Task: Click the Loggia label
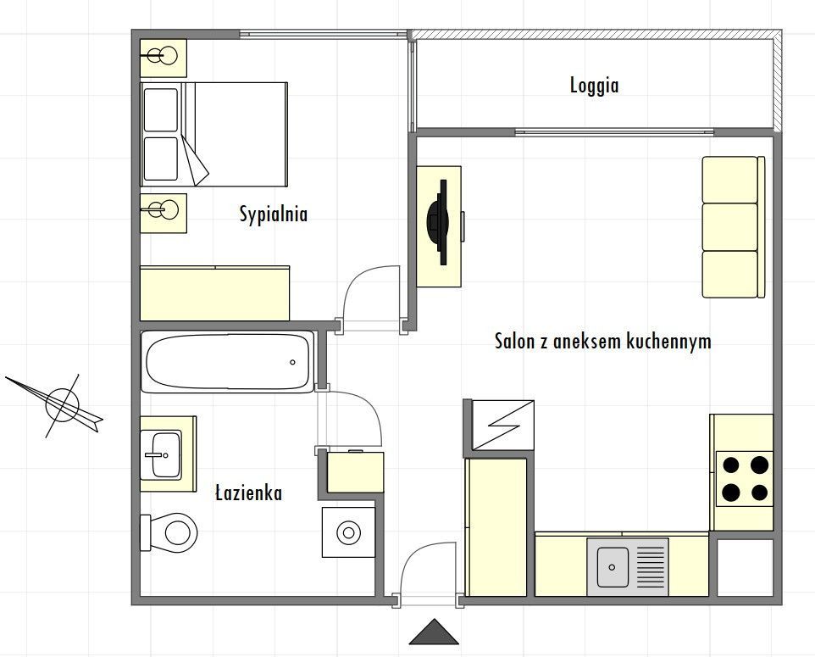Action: point(594,86)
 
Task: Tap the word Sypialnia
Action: point(274,214)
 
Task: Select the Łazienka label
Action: point(249,493)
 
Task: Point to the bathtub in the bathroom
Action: point(228,361)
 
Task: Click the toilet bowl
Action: point(170,532)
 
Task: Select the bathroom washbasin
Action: point(161,454)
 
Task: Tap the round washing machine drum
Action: point(348,532)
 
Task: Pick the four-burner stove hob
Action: point(745,479)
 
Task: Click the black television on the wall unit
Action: point(438,222)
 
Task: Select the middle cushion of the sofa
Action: point(729,227)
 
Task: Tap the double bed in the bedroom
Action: point(214,134)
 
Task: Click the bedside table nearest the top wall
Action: point(164,58)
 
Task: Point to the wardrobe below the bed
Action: point(214,293)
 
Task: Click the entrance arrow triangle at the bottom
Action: point(434,632)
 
